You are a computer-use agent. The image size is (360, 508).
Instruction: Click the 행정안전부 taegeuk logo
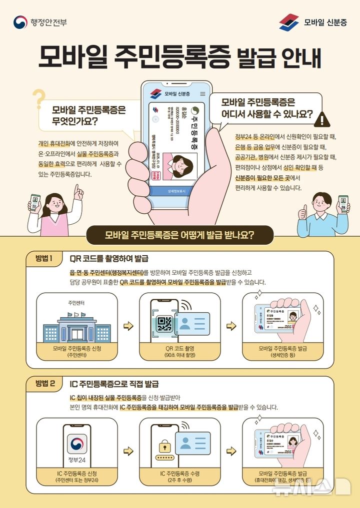20,22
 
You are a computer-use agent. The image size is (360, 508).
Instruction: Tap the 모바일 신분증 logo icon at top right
289,22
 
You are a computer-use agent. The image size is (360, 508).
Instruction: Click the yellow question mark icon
38,98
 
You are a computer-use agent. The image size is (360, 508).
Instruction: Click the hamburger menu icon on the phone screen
202,94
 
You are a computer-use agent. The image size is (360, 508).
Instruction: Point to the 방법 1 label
48,258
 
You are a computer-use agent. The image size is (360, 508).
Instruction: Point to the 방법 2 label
48,384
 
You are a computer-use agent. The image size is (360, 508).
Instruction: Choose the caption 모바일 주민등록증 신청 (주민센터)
76,351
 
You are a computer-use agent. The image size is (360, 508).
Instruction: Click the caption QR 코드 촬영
179,349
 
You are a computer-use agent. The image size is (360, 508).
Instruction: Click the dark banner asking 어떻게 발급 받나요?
179,235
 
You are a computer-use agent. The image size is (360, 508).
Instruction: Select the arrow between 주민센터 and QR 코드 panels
128,326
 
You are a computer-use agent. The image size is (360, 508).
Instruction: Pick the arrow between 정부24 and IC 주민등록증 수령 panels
128,451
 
